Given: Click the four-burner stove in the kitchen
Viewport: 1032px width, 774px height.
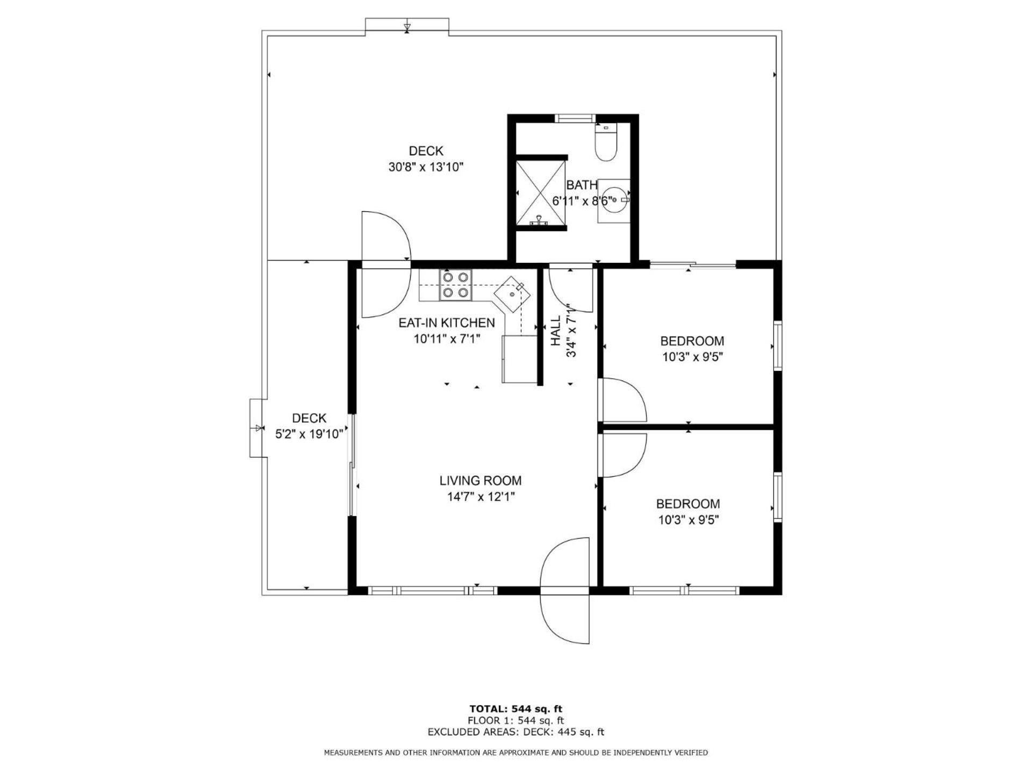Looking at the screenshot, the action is point(456,285).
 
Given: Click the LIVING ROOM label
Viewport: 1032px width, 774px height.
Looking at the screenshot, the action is point(481,481).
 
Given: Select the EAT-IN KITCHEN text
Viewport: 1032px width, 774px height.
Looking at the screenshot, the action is point(447,322).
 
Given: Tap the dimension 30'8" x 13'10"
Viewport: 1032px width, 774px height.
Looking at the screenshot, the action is point(426,167).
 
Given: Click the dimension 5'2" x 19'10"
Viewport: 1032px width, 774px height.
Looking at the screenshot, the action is point(309,434).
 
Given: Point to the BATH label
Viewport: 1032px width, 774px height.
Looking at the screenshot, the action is point(582,185).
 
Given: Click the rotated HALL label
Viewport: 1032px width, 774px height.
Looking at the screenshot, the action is point(556,331).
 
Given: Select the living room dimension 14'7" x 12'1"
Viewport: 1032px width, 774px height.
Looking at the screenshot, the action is point(481,497).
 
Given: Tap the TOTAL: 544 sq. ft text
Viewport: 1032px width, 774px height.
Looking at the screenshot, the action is point(516,709).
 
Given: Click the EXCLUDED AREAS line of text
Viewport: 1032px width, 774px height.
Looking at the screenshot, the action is point(516,732).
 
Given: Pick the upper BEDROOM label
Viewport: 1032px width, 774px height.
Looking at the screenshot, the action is point(692,341).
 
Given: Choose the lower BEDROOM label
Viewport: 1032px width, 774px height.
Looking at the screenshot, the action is point(688,504).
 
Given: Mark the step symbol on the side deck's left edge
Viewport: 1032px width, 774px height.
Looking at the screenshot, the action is point(259,428).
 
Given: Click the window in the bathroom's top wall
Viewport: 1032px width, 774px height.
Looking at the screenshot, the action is point(575,118).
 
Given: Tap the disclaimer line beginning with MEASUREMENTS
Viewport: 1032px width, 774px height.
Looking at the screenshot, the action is point(516,752).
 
